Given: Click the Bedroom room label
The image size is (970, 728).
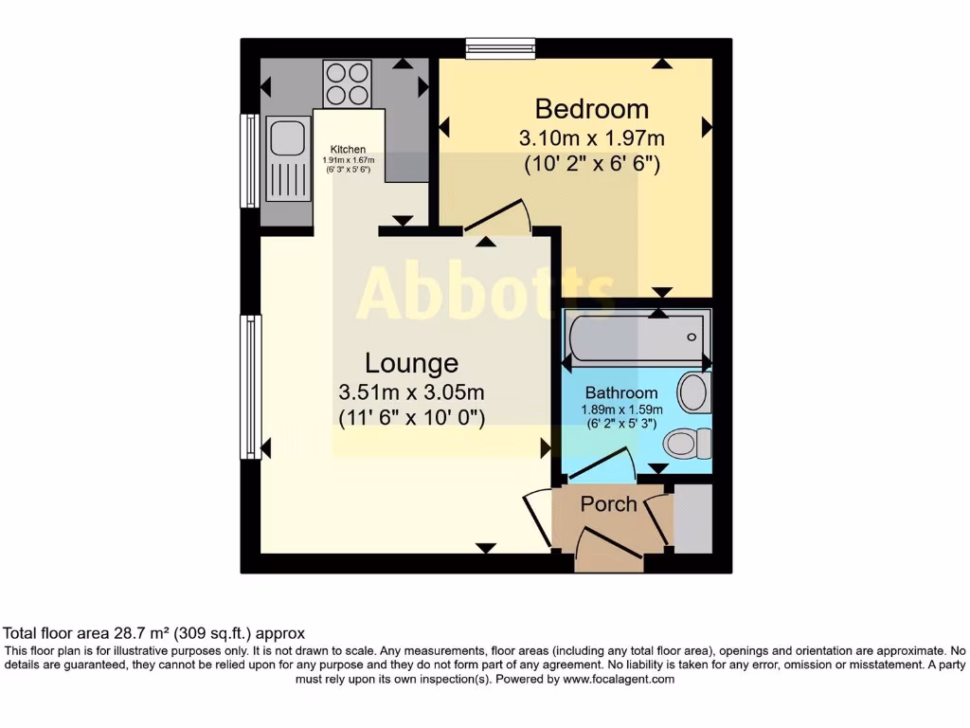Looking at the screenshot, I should click(x=592, y=108).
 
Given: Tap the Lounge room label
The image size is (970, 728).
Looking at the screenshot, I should click(x=412, y=363).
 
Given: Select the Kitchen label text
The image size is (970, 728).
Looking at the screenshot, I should click(x=348, y=150).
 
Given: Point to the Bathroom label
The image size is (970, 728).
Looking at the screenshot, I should click(x=620, y=392).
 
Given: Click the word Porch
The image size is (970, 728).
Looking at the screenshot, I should click(x=608, y=503).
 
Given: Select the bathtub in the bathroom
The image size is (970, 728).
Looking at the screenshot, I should click(x=636, y=337).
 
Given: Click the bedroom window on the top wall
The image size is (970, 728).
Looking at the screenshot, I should click(x=500, y=47).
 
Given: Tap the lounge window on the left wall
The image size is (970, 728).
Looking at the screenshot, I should click(x=250, y=387).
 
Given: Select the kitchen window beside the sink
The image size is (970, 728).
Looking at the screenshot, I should click(x=250, y=161).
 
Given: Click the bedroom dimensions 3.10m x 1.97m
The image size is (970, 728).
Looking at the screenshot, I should click(x=592, y=138).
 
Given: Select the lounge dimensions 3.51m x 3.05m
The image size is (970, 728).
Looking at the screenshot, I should click(x=412, y=392).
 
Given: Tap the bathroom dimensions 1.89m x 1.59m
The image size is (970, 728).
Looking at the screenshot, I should click(x=620, y=410).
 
